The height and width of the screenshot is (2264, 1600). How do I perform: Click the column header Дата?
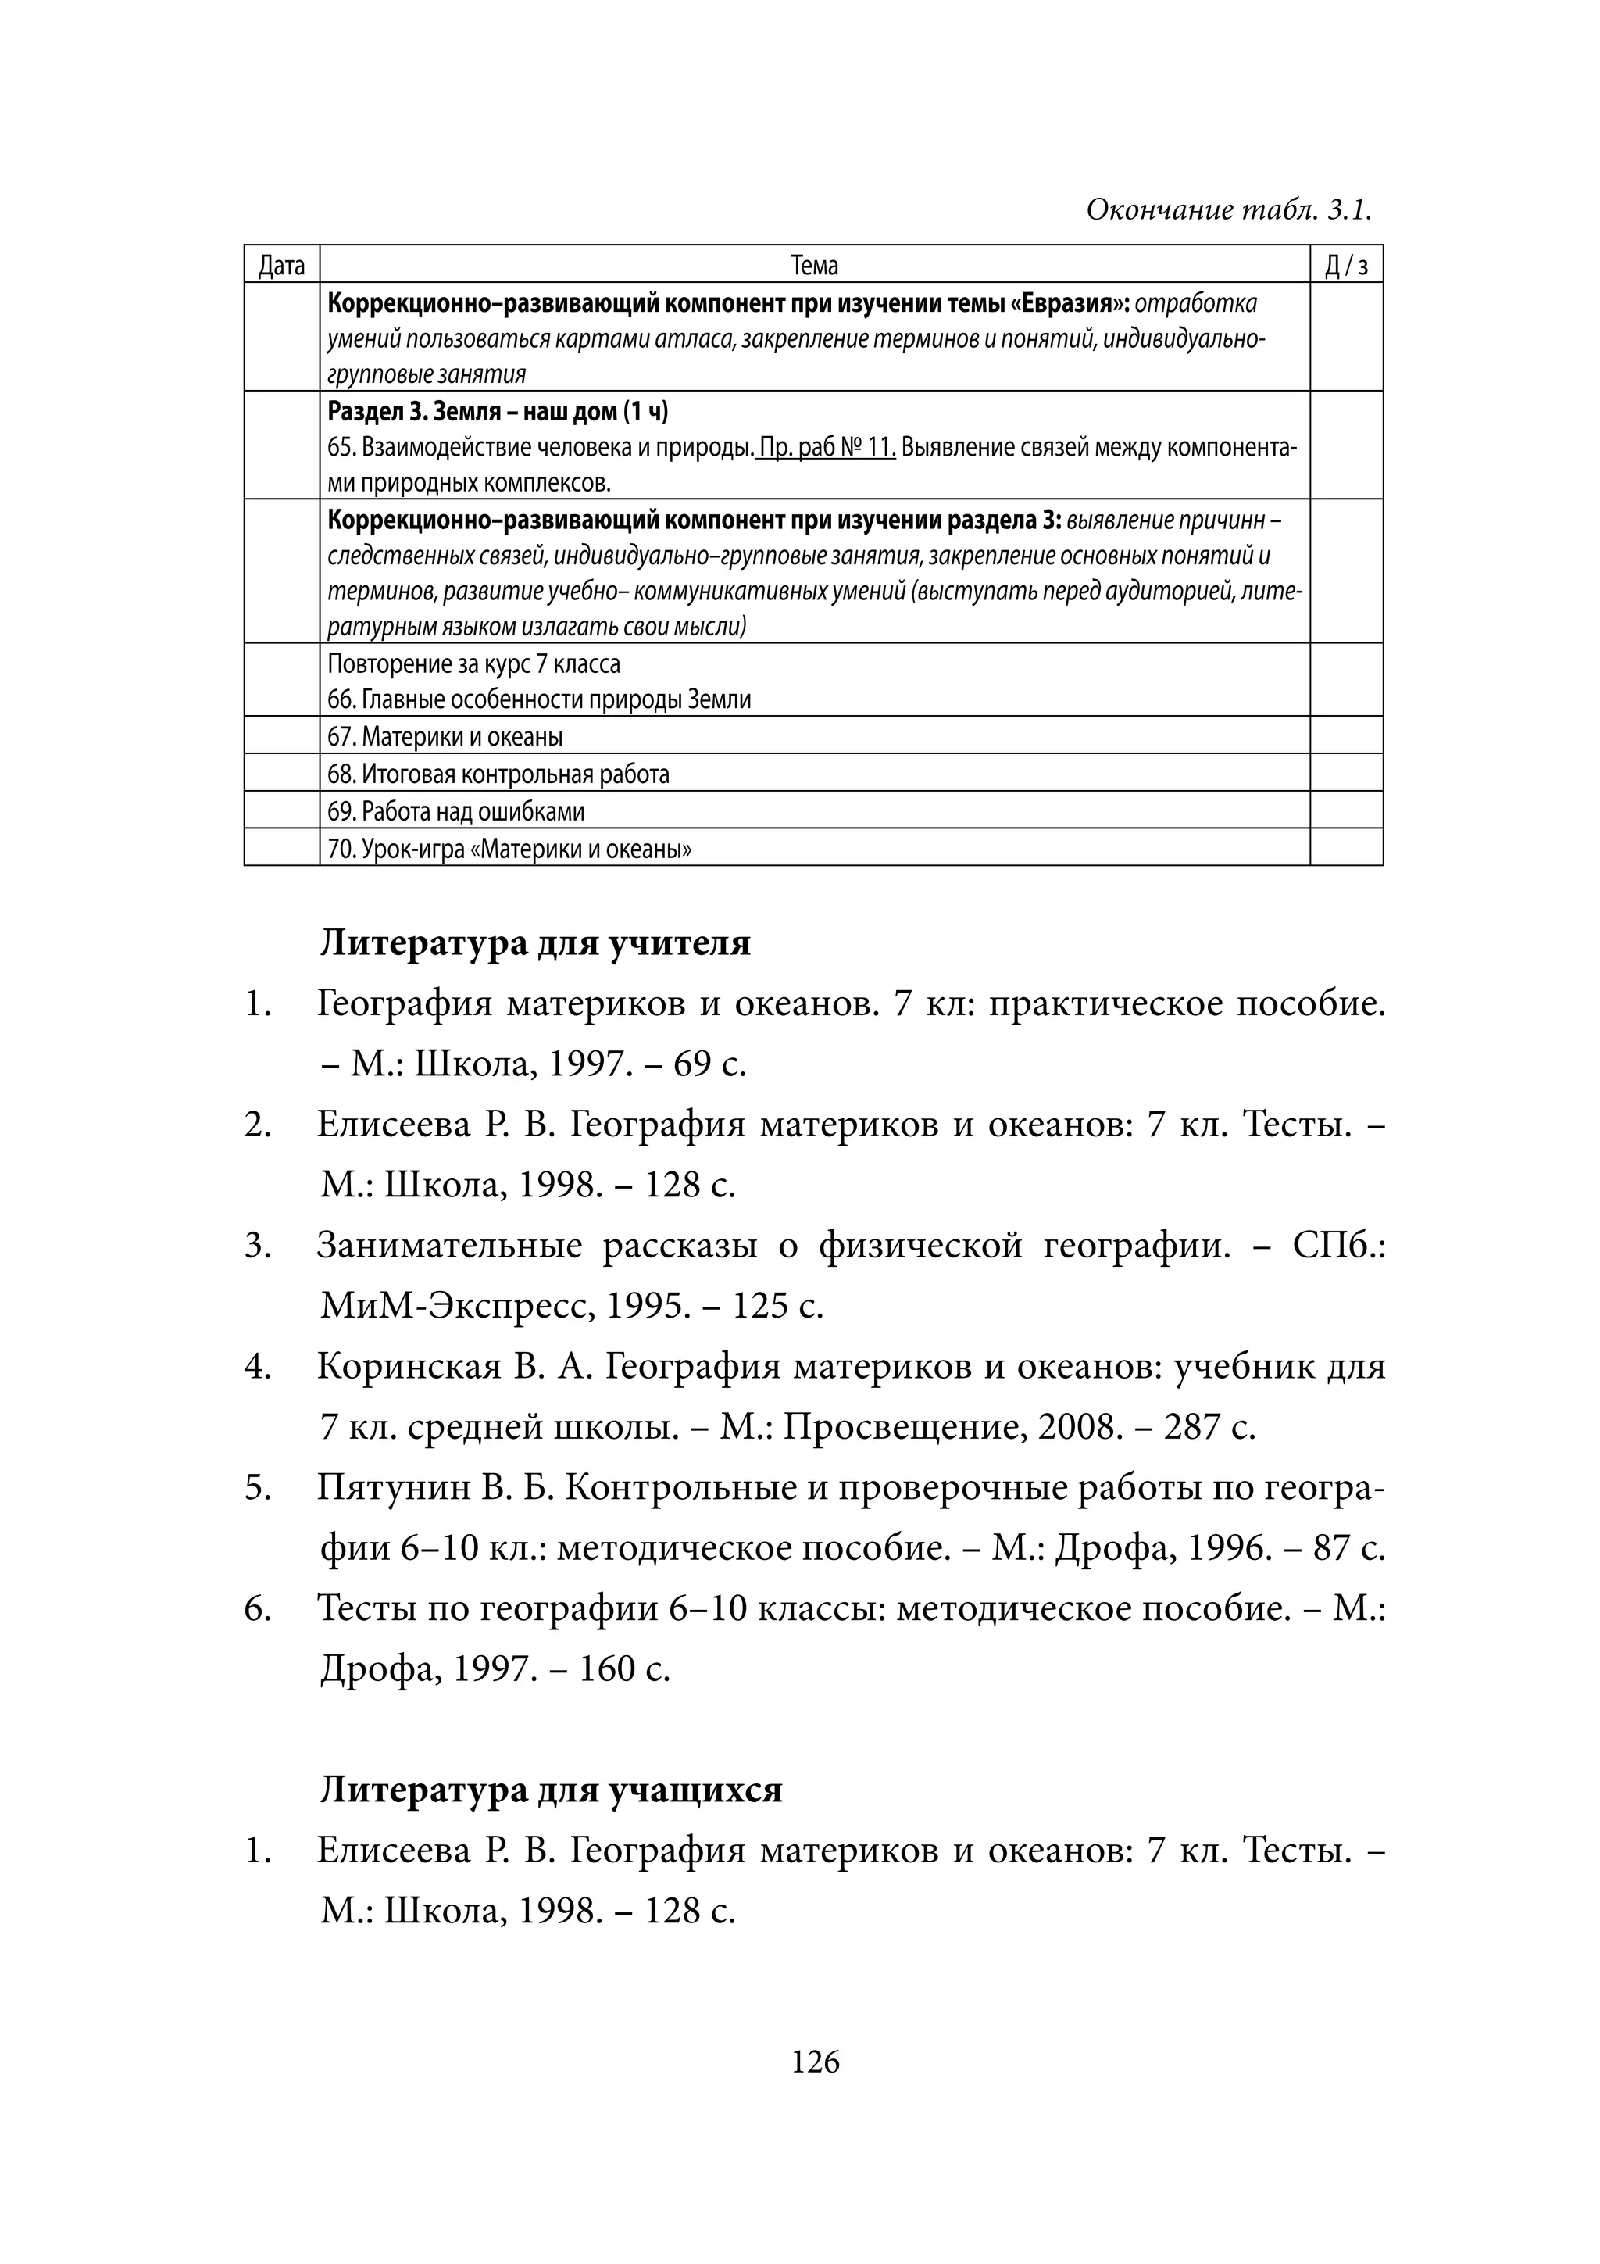(x=281, y=265)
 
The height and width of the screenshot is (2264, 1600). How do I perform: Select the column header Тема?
(x=814, y=265)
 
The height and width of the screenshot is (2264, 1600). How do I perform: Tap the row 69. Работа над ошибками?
(x=455, y=811)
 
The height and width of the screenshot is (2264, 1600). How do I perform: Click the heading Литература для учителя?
(x=534, y=942)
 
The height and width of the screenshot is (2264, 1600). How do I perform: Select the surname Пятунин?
(x=393, y=1488)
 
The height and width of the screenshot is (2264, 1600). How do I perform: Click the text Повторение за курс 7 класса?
(x=473, y=663)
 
